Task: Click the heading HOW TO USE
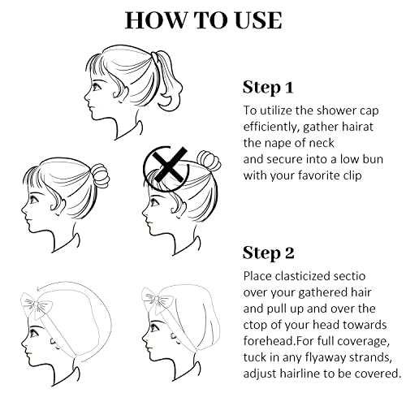coord(203,20)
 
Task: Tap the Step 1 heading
coord(268,88)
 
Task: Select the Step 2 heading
coord(268,253)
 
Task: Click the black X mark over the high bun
coord(169,165)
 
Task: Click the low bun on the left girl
coord(100,176)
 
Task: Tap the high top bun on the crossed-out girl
coord(209,161)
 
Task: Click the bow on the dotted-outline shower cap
coord(37,305)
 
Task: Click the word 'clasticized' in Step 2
coord(303,276)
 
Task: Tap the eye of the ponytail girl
coord(97,87)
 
